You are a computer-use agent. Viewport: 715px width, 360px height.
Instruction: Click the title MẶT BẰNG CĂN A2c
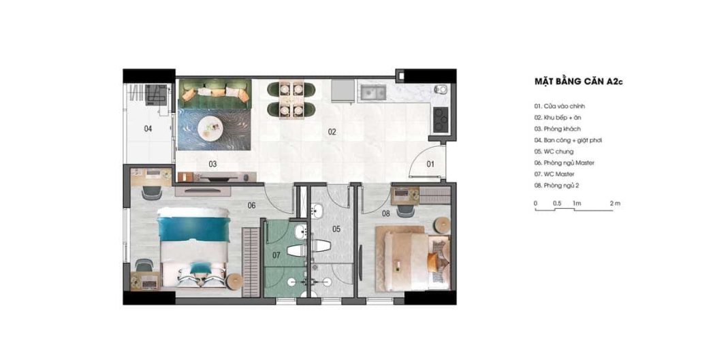pos(578,82)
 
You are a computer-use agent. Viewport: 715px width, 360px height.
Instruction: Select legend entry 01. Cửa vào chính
pos(560,106)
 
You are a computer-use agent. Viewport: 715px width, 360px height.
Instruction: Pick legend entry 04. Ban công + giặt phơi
pos(568,140)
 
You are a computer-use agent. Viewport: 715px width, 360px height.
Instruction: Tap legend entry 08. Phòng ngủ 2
pos(557,186)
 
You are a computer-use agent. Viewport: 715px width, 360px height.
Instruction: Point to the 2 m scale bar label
pos(615,203)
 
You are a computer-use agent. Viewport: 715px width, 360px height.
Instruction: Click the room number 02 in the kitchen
pos(332,132)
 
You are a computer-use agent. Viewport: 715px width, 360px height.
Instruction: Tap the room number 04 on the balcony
pos(148,129)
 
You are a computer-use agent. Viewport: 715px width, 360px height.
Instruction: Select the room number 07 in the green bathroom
pos(276,256)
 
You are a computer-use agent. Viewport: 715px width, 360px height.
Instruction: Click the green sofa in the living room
pos(214,94)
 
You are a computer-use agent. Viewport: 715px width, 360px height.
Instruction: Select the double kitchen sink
pos(373,93)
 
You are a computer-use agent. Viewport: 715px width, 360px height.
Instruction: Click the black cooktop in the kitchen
pos(441,119)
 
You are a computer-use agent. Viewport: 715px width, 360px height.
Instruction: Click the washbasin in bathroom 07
pos(300,233)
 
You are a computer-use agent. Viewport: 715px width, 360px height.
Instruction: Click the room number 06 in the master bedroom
pos(251,206)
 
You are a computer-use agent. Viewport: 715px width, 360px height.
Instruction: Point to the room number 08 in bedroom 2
pos(386,214)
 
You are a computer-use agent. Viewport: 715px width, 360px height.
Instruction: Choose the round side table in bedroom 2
pos(441,225)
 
